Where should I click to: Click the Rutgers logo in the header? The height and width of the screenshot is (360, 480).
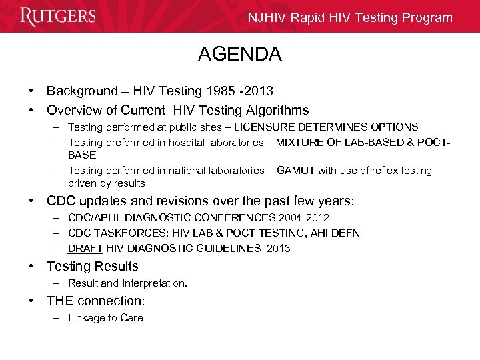pyautogui.click(x=58, y=17)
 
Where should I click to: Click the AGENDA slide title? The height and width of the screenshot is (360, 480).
pyautogui.click(x=240, y=54)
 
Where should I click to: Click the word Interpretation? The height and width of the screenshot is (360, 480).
pyautogui.click(x=154, y=283)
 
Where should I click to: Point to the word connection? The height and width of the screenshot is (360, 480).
pyautogui.click(x=111, y=301)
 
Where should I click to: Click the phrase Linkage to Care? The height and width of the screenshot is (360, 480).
pyautogui.click(x=105, y=318)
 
